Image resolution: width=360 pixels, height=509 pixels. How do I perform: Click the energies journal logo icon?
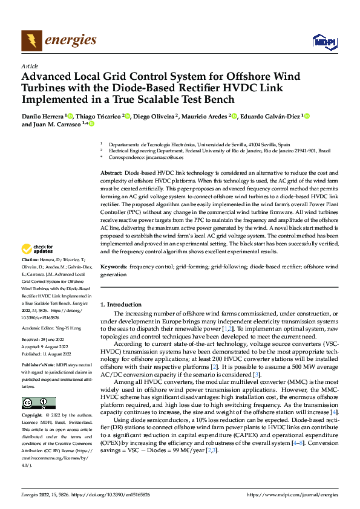pyautogui.click(x=30, y=41)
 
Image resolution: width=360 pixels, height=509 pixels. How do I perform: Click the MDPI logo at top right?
pyautogui.click(x=323, y=41)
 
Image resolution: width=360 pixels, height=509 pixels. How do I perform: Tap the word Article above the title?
pyautogui.click(x=29, y=66)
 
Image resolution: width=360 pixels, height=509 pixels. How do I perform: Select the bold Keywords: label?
pyautogui.click(x=113, y=266)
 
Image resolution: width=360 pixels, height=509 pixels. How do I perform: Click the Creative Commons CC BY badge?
pyautogui.click(x=39, y=403)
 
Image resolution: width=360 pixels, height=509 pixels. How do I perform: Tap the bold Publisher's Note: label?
pyautogui.click(x=40, y=366)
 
